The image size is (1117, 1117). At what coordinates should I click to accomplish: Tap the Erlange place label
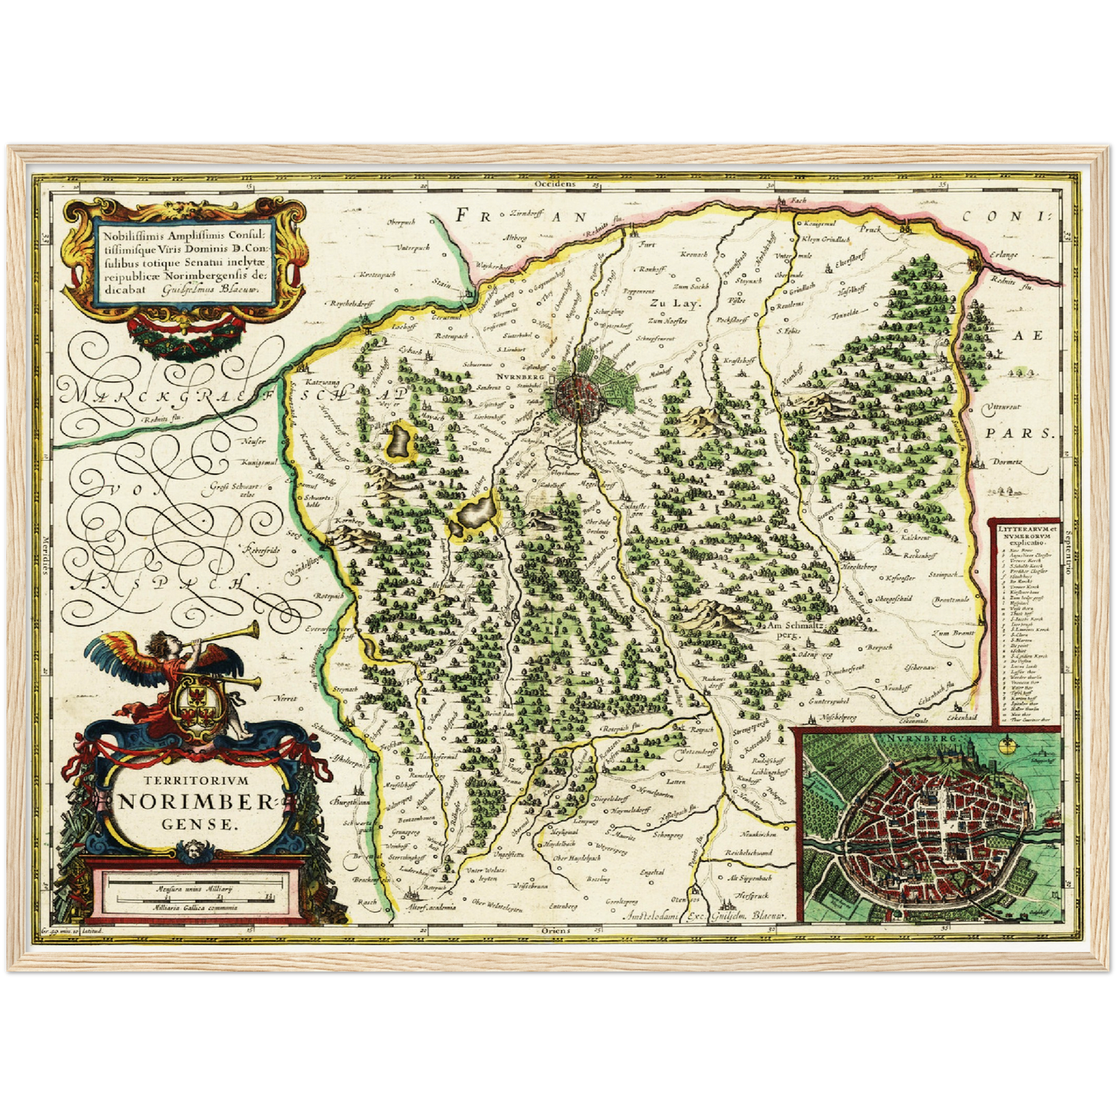point(1001,254)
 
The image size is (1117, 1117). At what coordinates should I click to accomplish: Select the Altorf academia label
point(431,908)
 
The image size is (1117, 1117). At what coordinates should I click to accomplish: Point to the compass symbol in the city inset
point(1007,747)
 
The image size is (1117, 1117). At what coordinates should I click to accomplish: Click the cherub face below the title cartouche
point(189,851)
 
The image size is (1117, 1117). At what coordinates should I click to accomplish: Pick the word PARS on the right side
point(1030,434)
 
